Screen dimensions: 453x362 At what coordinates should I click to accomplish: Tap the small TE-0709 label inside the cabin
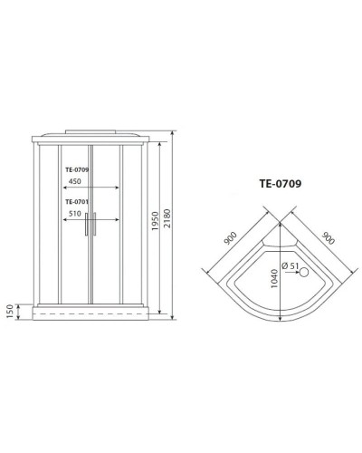pyautogui.click(x=81, y=169)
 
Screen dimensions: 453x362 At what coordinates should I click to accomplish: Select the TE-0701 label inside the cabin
pyautogui.click(x=81, y=203)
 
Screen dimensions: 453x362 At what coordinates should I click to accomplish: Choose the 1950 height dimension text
pyautogui.click(x=155, y=223)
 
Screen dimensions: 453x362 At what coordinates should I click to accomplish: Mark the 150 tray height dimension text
pyautogui.click(x=10, y=311)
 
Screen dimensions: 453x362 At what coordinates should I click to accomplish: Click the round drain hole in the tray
pyautogui.click(x=303, y=271)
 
